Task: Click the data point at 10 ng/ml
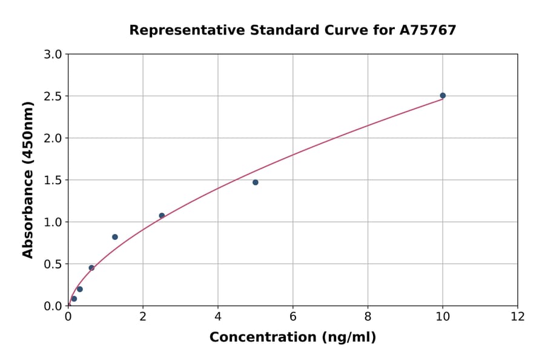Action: click(443, 96)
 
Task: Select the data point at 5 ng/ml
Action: click(256, 182)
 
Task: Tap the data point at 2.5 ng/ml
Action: click(162, 216)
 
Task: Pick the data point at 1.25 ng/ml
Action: click(115, 237)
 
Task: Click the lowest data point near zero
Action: click(74, 299)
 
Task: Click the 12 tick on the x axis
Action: click(518, 316)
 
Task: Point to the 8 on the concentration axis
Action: click(368, 316)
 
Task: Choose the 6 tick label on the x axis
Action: click(293, 316)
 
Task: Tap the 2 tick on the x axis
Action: click(143, 316)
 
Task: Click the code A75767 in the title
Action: click(429, 30)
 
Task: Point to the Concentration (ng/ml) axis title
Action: click(292, 338)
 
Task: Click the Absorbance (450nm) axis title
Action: click(28, 179)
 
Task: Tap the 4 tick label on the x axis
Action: click(218, 316)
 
